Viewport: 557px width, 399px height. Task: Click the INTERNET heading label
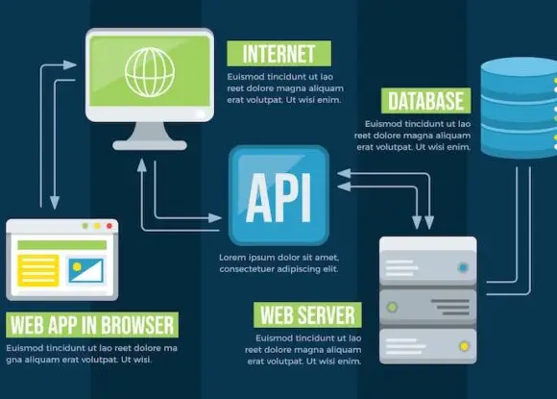pos(278,53)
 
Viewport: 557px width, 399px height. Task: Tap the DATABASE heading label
pos(426,101)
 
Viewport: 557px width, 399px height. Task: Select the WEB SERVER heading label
pos(307,315)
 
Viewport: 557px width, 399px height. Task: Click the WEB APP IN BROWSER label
pos(92,325)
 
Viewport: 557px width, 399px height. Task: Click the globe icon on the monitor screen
pos(150,72)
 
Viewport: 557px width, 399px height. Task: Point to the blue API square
pos(278,195)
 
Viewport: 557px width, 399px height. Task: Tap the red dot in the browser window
pos(109,226)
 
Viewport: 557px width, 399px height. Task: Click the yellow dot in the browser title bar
pos(97,226)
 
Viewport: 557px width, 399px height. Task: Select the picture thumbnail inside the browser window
pos(85,270)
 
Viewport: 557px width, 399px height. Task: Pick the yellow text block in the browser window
pos(38,270)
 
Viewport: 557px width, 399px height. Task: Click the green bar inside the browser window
pos(62,244)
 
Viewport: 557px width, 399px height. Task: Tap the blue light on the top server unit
pos(463,267)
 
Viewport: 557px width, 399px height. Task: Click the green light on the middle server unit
pos(392,307)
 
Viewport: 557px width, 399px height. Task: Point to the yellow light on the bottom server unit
pos(464,346)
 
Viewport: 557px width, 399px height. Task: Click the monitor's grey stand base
pos(150,145)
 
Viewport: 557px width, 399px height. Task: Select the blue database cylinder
pos(519,108)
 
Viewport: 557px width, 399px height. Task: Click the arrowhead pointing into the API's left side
pos(215,217)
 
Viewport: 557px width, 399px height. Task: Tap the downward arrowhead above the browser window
pos(55,202)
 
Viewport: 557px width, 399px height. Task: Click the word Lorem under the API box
pos(232,257)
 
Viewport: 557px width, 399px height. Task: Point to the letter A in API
pos(259,198)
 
